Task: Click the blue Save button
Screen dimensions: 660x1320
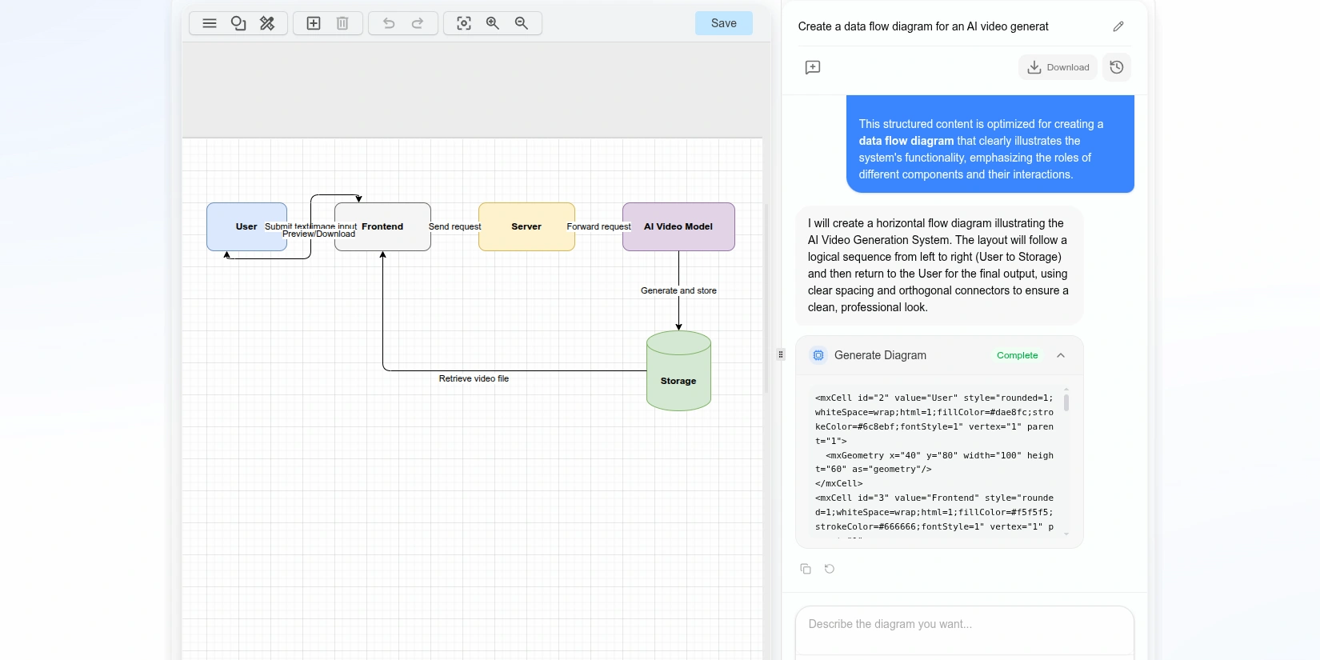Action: [x=723, y=23]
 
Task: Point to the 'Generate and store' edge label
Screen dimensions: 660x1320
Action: [x=678, y=290]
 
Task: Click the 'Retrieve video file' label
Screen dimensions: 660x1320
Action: [x=474, y=378]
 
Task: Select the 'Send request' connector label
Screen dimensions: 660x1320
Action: [x=454, y=227]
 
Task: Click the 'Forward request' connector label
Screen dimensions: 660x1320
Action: [x=598, y=227]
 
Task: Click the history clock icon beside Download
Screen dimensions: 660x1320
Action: [x=1117, y=67]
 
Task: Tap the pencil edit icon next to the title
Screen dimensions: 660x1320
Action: [x=1118, y=26]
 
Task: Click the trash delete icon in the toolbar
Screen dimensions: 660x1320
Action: [x=342, y=23]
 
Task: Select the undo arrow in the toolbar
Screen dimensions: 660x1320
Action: [x=389, y=23]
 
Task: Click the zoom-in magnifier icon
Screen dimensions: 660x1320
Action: [x=493, y=23]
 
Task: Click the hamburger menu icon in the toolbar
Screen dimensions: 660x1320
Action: [x=210, y=23]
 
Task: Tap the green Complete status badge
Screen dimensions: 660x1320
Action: [x=1017, y=355]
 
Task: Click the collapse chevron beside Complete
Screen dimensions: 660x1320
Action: [x=1061, y=355]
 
